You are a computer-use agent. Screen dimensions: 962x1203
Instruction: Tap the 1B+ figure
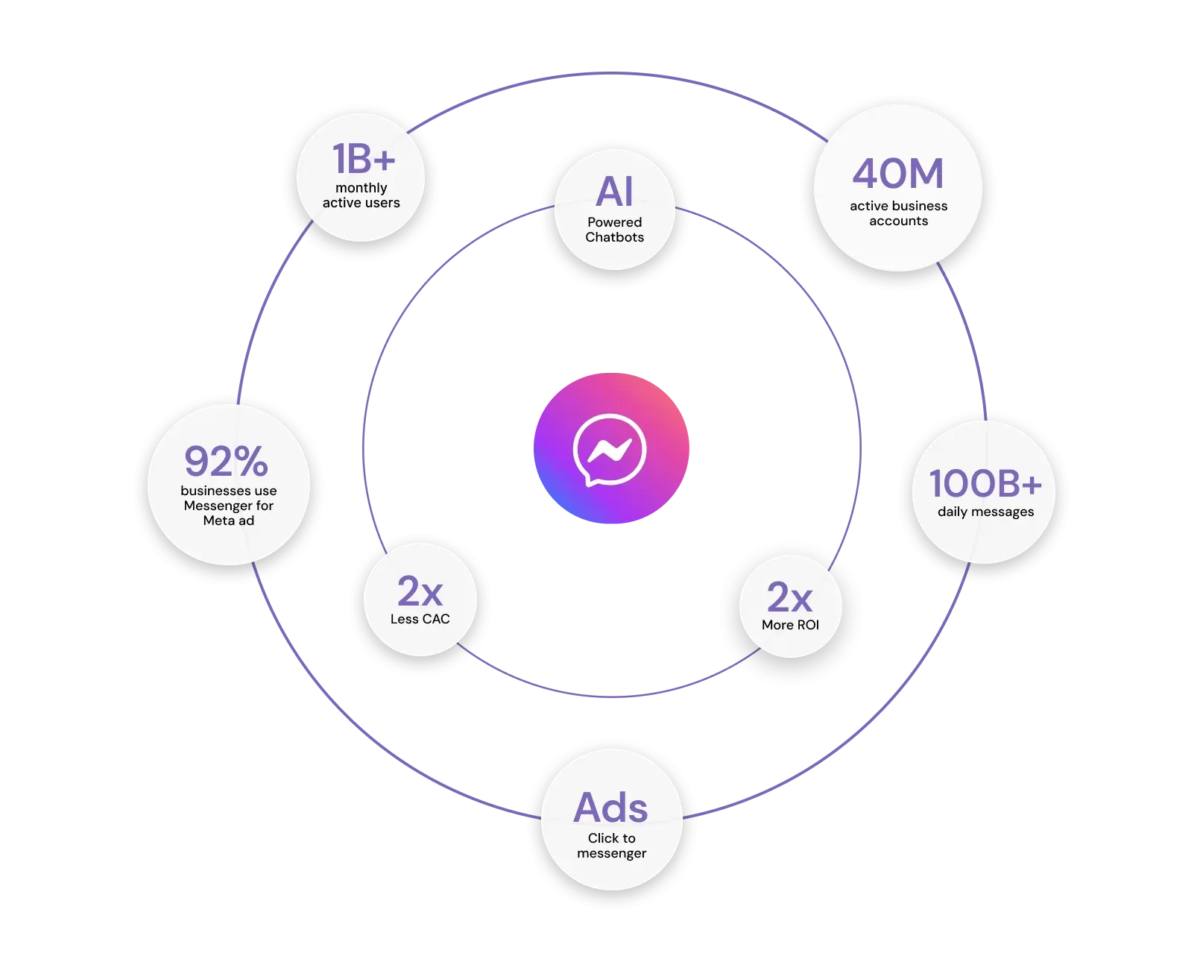[363, 159]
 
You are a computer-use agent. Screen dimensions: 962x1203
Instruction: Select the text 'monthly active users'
[361, 195]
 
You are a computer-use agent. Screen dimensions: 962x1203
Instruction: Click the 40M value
[898, 174]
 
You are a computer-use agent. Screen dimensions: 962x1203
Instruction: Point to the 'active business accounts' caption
[898, 213]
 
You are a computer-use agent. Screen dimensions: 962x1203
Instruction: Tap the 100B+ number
[985, 483]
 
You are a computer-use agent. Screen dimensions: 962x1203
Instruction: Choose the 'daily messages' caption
[985, 512]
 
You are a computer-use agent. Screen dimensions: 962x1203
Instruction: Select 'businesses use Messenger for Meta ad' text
[229, 506]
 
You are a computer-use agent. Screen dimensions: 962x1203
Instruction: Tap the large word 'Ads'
[611, 808]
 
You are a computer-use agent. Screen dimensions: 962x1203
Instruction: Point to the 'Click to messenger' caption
[611, 846]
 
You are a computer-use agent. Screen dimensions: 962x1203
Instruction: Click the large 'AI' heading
[614, 192]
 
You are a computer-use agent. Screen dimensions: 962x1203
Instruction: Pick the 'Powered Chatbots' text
[614, 230]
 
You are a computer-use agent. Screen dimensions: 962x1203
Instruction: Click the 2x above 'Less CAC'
[420, 591]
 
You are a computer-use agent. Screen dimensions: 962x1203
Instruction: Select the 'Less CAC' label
[420, 619]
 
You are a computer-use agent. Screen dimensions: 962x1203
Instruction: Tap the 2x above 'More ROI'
[789, 597]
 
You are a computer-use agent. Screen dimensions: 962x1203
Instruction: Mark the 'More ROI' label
[790, 625]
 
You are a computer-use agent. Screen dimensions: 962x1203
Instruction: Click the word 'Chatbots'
[614, 237]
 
